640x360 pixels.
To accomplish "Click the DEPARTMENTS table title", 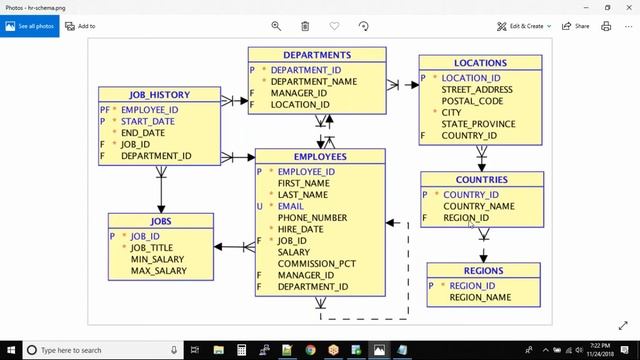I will (316, 55).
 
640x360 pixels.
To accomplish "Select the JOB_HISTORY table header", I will (159, 95).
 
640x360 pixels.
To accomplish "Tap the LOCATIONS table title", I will (480, 63).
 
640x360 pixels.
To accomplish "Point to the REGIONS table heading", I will (483, 271).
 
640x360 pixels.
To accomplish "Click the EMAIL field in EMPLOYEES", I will (291, 206).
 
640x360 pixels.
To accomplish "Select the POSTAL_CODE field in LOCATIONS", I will (472, 101).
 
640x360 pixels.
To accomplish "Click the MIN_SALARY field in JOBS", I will (158, 259).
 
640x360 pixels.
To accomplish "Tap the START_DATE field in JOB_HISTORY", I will (148, 121).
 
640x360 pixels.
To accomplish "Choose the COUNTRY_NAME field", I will (479, 206).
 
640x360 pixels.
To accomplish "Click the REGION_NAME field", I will (480, 297).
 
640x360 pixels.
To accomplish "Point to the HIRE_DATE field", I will (301, 229).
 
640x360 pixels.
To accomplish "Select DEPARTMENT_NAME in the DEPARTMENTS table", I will (313, 82).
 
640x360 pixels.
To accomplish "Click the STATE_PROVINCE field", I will (478, 124).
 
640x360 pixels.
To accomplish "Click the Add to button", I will (80, 26).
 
